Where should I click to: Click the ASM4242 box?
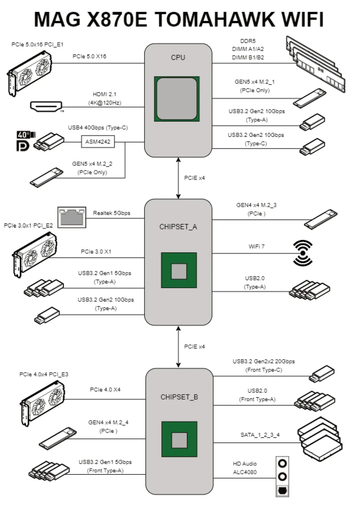[98, 141]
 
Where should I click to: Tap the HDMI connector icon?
[46, 106]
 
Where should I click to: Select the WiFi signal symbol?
[303, 253]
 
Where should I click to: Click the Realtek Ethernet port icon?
[72, 217]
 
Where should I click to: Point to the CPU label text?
[178, 57]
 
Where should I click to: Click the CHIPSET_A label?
[178, 227]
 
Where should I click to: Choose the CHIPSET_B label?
[179, 397]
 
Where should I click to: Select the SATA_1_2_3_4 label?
[260, 435]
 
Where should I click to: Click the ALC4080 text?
[245, 472]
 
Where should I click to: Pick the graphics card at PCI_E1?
[30, 72]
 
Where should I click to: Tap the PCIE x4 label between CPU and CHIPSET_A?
[194, 178]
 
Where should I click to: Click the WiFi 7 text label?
[256, 246]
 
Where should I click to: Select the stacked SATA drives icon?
[320, 439]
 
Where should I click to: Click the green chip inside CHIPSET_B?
[179, 439]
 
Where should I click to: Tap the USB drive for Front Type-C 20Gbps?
[321, 374]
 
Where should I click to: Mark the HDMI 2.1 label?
[105, 94]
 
